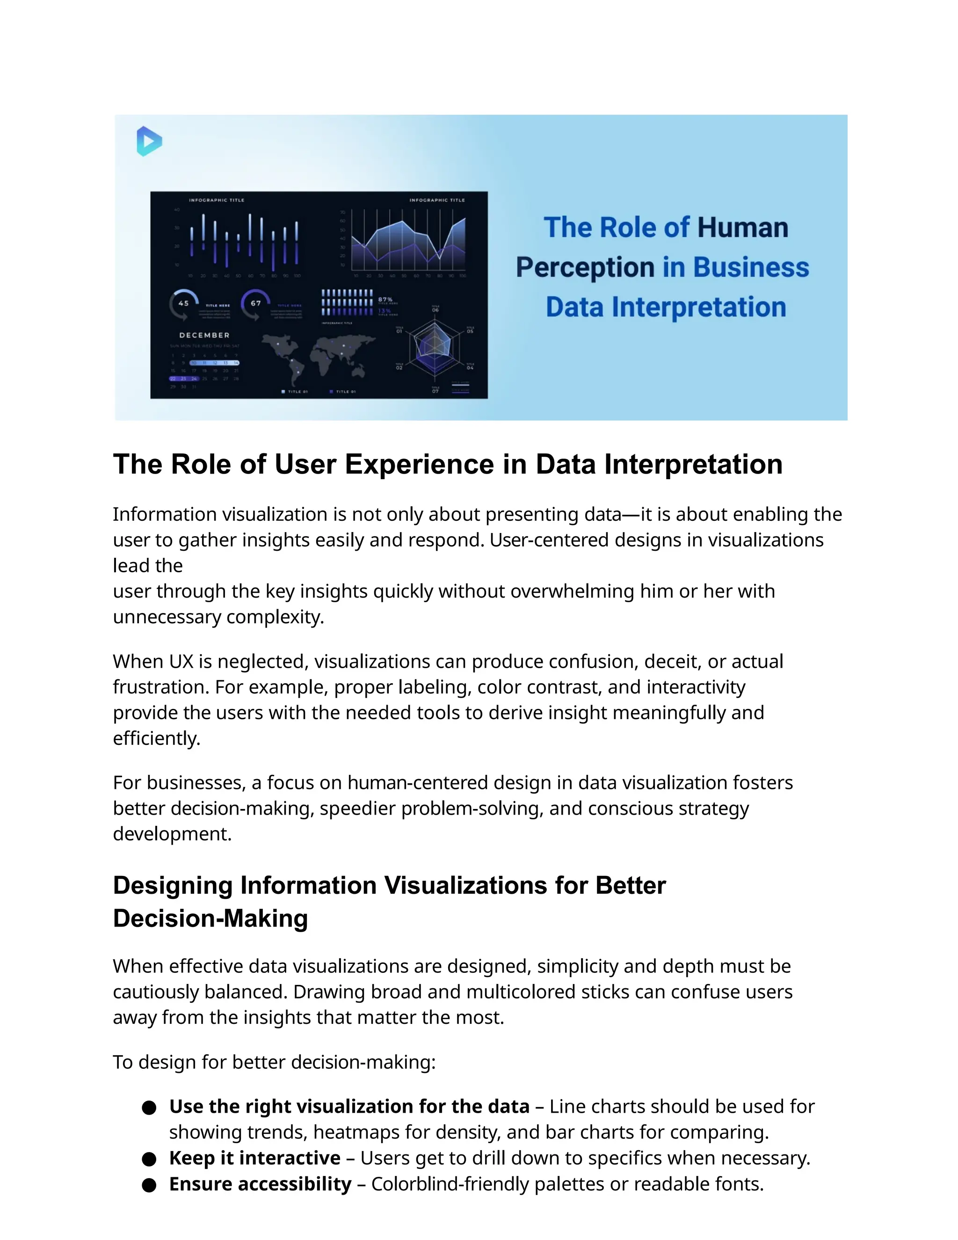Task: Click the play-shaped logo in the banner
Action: [x=149, y=141]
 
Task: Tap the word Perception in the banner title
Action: [x=585, y=267]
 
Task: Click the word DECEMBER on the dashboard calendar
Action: [x=204, y=335]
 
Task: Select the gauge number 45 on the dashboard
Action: [x=183, y=303]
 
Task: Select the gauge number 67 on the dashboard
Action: [x=256, y=303]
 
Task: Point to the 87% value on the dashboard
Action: [x=385, y=299]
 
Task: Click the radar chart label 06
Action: [x=435, y=310]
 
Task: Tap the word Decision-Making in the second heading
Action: [x=210, y=918]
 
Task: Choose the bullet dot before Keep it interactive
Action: [x=149, y=1159]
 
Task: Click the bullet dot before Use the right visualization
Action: [x=149, y=1108]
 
